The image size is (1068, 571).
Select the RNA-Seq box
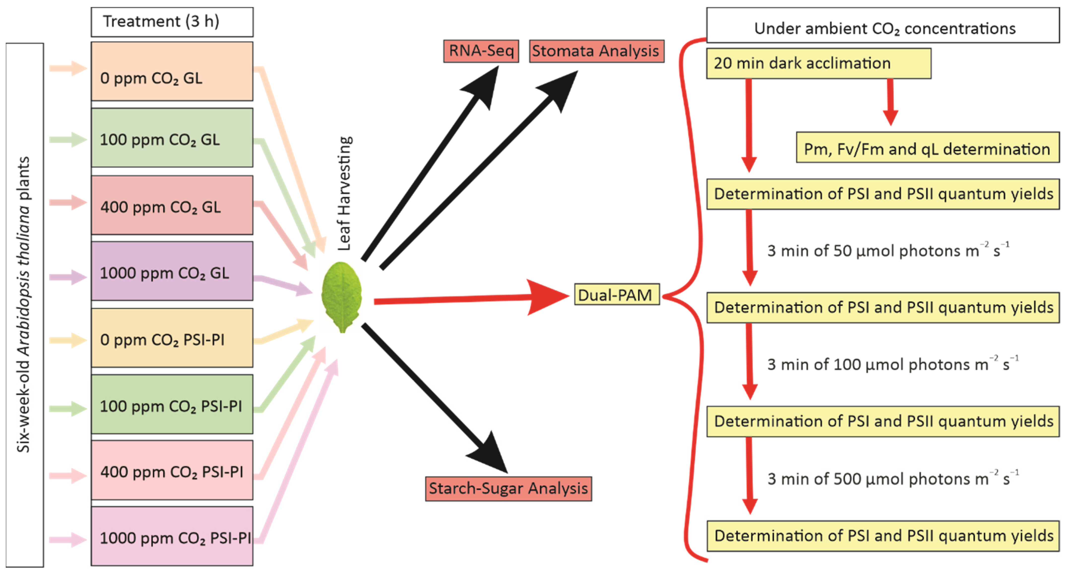pos(481,51)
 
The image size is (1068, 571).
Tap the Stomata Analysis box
pos(596,51)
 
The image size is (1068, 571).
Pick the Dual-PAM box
pos(616,295)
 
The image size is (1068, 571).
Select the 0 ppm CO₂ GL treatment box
pos(172,71)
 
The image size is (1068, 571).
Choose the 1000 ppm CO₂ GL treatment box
pos(172,271)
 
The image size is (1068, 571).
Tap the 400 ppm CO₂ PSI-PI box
pos(172,470)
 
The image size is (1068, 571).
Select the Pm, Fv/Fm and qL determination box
pos(927,148)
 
